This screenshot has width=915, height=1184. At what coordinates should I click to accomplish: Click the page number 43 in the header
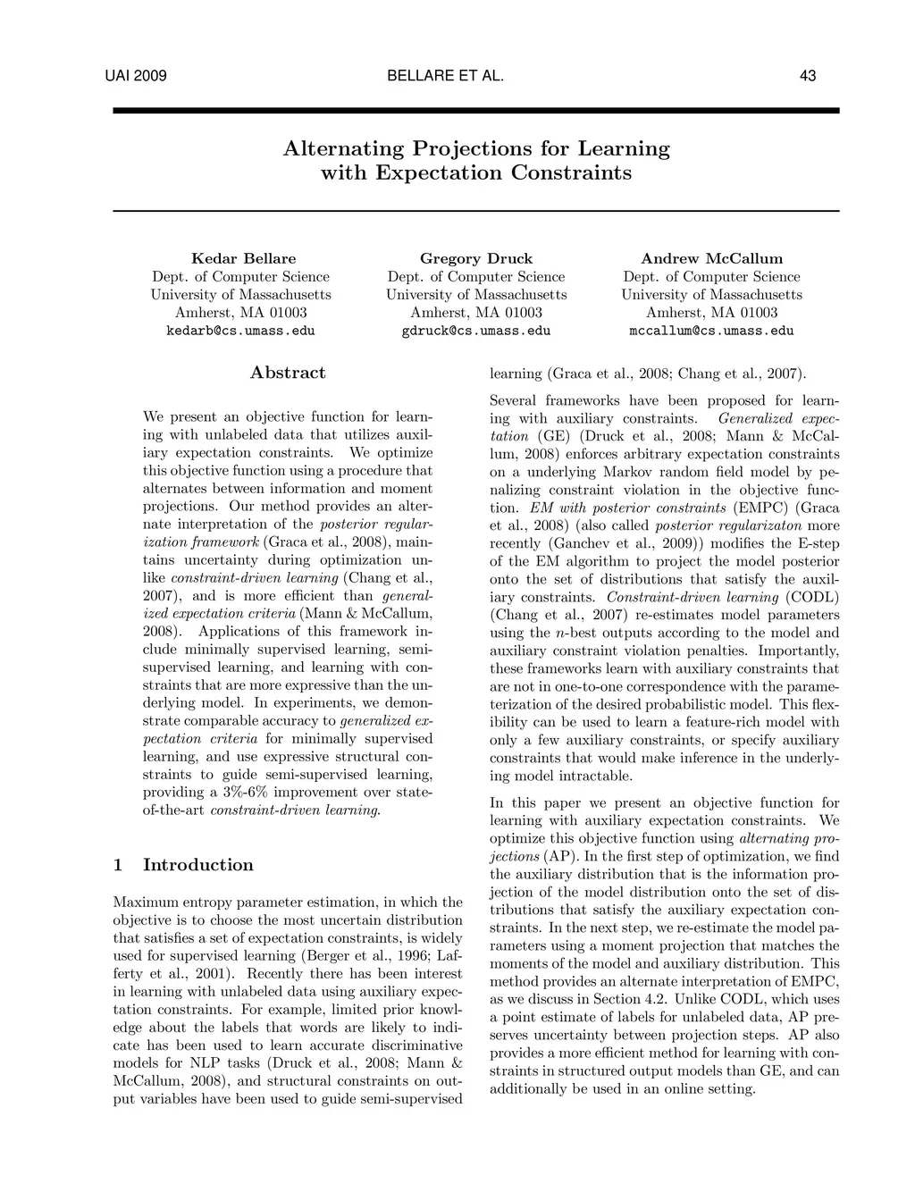(x=807, y=76)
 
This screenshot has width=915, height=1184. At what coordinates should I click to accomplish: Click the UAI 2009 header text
(x=136, y=76)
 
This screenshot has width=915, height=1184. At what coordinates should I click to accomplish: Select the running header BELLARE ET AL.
(x=446, y=76)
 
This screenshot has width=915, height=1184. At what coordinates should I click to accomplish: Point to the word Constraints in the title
(x=571, y=172)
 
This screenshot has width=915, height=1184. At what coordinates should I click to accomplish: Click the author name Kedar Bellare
(x=243, y=258)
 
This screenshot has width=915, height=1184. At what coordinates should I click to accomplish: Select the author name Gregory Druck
(x=475, y=258)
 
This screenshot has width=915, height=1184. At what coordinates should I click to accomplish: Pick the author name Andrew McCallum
(x=711, y=258)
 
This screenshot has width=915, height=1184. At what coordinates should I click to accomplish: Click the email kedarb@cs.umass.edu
(x=240, y=331)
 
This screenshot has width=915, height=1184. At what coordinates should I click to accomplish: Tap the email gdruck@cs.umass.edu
(x=475, y=331)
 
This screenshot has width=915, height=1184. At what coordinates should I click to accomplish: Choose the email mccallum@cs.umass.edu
(x=711, y=331)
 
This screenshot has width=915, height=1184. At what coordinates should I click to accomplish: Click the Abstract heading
(x=288, y=373)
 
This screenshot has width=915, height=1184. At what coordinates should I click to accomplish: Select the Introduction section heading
(x=197, y=865)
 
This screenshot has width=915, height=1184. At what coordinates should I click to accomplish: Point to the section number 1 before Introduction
(x=118, y=865)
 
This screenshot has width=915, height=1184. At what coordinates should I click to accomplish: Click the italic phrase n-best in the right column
(x=578, y=633)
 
